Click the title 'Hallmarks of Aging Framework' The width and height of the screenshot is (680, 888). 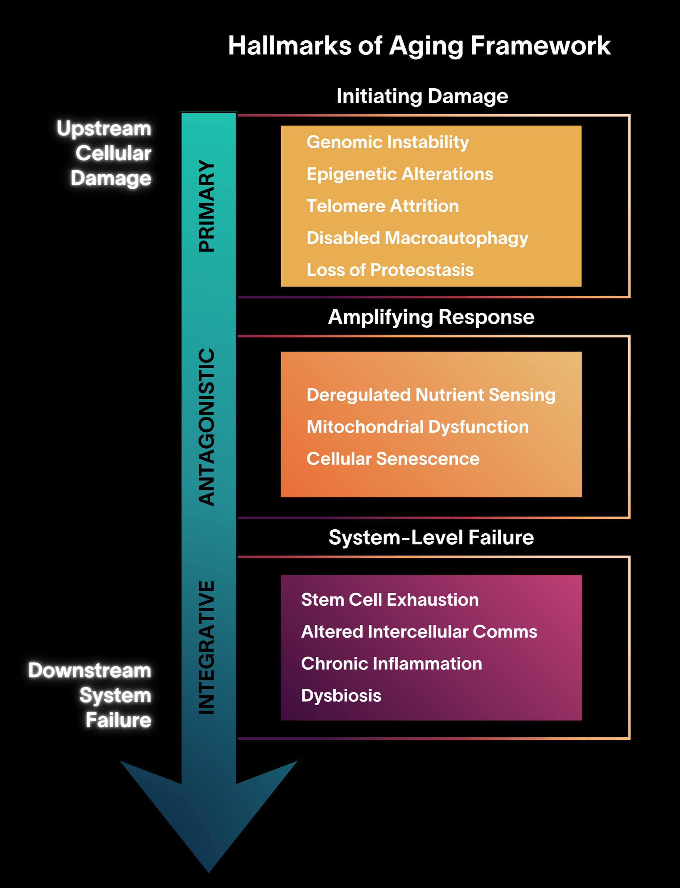419,46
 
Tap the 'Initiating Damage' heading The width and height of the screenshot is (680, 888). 422,97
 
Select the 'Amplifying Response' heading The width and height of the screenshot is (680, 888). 431,317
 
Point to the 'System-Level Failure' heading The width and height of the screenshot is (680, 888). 431,538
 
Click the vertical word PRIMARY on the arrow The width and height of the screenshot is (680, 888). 207,206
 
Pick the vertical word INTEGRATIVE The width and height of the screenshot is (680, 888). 207,647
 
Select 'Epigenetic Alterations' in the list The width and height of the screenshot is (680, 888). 399,174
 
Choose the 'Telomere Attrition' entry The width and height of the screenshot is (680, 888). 382,206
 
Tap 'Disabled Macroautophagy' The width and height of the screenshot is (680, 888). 417,238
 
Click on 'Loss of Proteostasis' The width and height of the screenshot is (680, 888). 390,270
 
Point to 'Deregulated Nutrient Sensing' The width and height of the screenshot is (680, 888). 431,395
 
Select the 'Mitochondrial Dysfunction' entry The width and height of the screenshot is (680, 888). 417,427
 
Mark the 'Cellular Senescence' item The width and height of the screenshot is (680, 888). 393,459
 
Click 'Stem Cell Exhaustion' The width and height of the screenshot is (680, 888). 390,600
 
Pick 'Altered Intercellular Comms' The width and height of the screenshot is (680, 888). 419,632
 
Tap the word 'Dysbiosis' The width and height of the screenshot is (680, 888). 341,696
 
